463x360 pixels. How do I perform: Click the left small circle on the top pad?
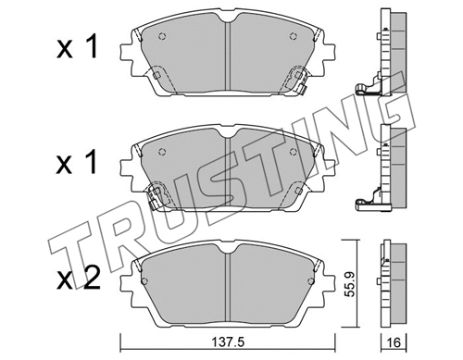coord(162,38)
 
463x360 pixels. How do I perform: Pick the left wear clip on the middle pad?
coord(158,195)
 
